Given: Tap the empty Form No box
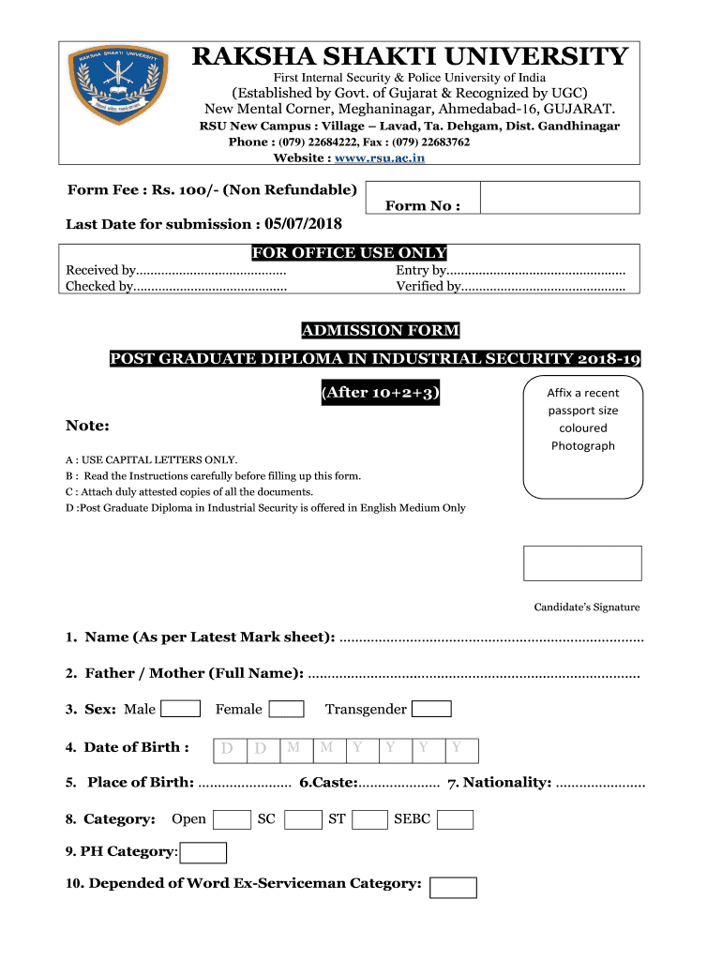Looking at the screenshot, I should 560,199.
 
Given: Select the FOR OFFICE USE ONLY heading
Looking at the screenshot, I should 349,253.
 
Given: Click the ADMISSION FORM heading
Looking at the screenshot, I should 380,330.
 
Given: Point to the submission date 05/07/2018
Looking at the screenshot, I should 303,224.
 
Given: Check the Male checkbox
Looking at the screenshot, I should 181,710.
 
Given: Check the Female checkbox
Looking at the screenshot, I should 287,710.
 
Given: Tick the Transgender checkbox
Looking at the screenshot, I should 432,710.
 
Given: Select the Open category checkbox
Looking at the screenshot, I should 232,820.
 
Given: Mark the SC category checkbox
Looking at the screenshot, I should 303,820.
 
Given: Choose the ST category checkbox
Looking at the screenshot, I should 370,820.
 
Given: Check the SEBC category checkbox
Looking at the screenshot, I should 456,820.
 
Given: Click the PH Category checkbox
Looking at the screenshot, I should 203,852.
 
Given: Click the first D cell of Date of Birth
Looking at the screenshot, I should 228,750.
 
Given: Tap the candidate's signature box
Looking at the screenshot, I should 582,563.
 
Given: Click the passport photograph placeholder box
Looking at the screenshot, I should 583,436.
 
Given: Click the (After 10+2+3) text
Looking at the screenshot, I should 380,392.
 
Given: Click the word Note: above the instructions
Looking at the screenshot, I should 88,427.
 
